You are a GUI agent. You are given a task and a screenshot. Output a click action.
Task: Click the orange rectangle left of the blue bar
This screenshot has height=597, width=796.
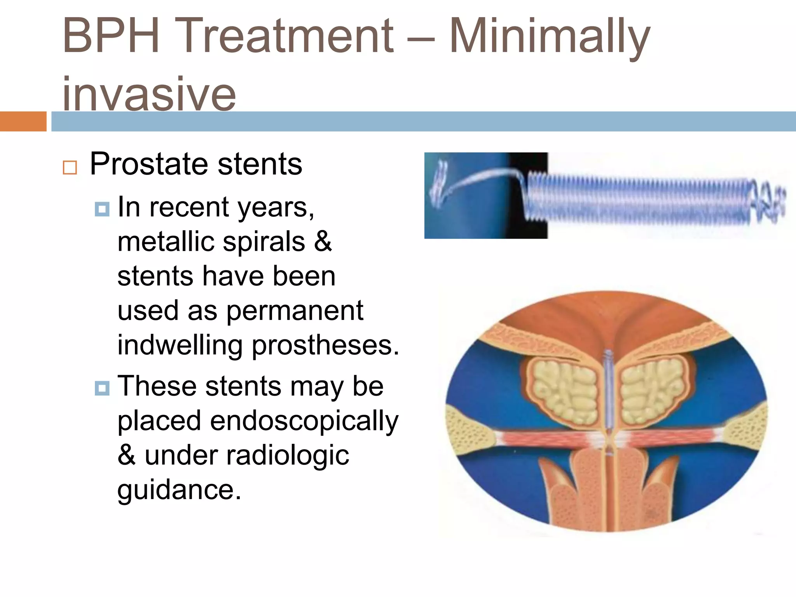tap(23, 121)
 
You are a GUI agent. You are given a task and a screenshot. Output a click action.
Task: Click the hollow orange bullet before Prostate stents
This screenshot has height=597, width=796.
tap(70, 168)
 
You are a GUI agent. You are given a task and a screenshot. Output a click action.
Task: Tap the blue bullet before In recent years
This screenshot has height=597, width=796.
tap(102, 209)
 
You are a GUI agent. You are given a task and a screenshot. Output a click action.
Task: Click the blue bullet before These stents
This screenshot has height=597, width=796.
tap(102, 388)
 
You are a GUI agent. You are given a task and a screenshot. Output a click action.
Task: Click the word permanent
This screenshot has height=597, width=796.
tap(295, 311)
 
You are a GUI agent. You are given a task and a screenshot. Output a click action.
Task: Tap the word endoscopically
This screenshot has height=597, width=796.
tap(304, 421)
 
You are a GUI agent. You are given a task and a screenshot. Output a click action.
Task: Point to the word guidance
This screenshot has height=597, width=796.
tap(179, 490)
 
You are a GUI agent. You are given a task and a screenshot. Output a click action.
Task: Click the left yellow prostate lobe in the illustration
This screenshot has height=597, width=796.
tap(564, 391)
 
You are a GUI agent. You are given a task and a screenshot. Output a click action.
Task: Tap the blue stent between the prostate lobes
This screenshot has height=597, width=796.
tap(609, 389)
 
